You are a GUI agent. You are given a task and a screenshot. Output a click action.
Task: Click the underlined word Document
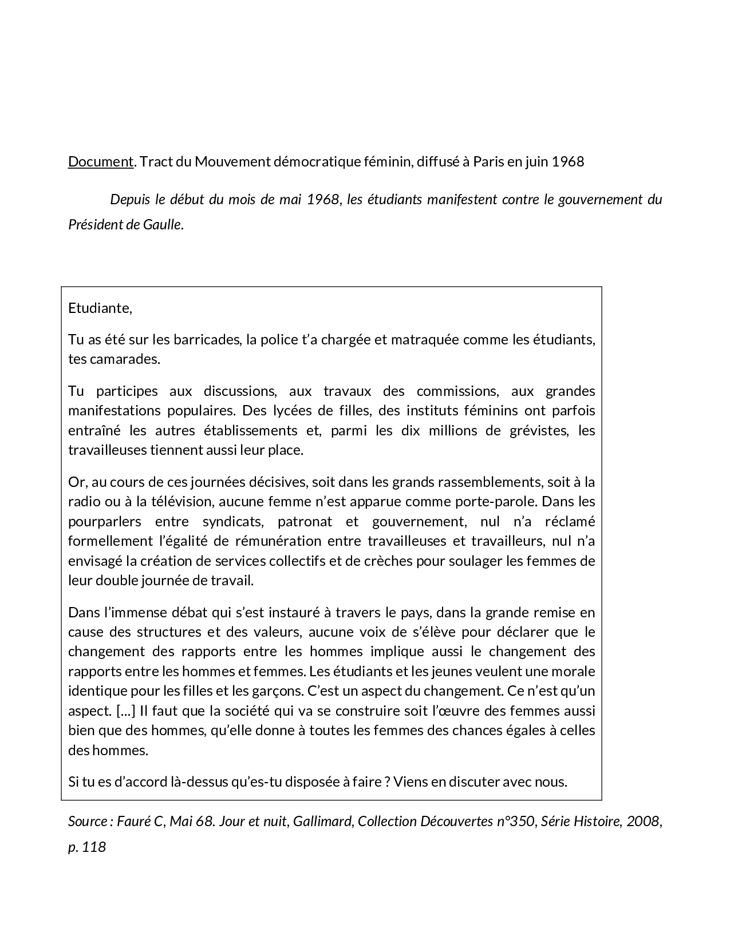pyautogui.click(x=100, y=162)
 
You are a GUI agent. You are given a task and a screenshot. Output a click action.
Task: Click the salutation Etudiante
pyautogui.click(x=100, y=308)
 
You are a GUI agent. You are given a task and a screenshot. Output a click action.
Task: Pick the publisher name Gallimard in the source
pyautogui.click(x=321, y=822)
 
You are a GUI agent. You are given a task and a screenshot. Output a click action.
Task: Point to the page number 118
pyautogui.click(x=94, y=847)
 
